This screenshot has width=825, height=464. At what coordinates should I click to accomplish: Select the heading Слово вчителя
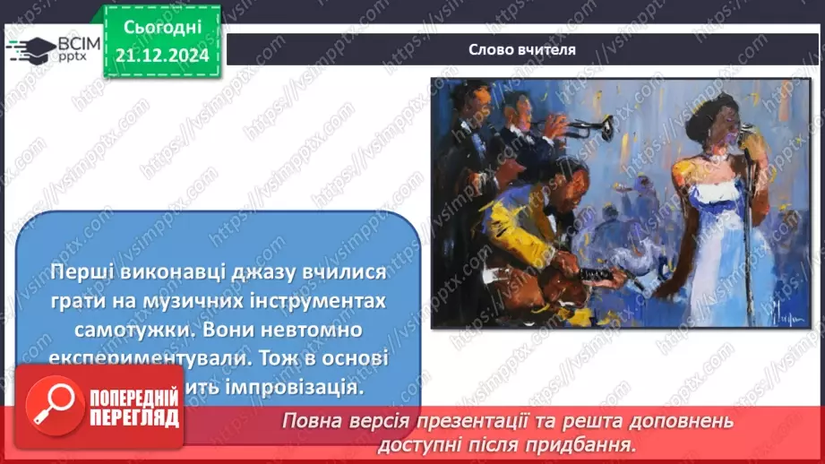522,50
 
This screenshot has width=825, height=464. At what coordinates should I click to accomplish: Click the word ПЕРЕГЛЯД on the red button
132,417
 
